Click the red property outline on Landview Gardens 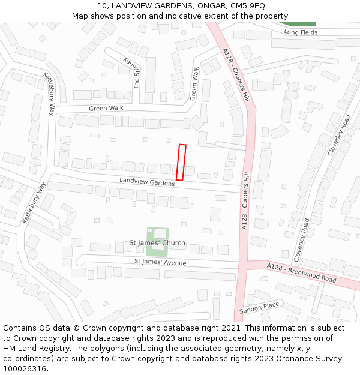181,162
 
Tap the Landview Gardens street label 147,181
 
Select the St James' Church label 157,243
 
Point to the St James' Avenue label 160,262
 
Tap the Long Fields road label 301,32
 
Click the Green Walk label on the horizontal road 106,109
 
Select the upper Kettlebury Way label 49,94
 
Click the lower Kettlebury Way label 34,203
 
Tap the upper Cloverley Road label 339,136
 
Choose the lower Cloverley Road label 302,239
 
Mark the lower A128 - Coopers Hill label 245,200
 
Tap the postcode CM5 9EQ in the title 248,5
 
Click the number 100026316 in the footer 25,368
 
